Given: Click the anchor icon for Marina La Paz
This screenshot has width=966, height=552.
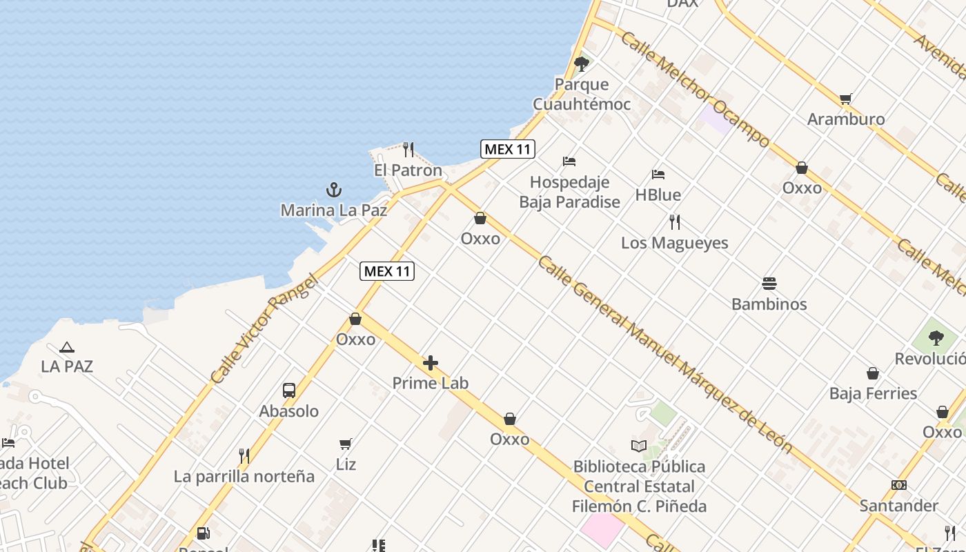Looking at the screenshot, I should [334, 189].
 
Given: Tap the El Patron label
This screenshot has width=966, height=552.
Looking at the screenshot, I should [408, 170].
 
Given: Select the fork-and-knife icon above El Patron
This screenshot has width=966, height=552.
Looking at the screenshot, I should [408, 149].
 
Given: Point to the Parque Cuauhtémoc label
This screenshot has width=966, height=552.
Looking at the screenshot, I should [582, 95].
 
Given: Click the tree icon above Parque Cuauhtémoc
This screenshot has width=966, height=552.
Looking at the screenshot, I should [582, 64].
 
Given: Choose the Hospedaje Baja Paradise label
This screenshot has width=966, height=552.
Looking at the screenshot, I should [569, 192].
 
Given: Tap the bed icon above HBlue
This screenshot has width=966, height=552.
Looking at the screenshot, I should [658, 175].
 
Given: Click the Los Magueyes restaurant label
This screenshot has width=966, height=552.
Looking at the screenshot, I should [674, 243].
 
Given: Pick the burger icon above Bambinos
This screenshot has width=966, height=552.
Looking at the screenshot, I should [769, 283].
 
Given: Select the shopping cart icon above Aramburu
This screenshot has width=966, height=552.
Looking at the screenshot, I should [846, 99].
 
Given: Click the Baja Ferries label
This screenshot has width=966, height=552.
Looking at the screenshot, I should [873, 393].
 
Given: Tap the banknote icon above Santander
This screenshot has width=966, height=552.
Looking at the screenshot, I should [899, 485].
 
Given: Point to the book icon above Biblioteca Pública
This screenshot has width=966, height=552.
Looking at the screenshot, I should [639, 446].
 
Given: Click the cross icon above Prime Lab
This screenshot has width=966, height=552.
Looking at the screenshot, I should [431, 363].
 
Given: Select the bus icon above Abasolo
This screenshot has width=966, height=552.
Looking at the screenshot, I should [289, 391].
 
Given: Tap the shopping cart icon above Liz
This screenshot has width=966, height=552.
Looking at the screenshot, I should [346, 444].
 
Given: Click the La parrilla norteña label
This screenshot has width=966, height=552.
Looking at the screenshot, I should [244, 476].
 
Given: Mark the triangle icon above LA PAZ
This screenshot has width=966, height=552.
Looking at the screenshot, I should [66, 348].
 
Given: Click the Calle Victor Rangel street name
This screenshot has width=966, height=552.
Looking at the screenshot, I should [264, 329].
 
